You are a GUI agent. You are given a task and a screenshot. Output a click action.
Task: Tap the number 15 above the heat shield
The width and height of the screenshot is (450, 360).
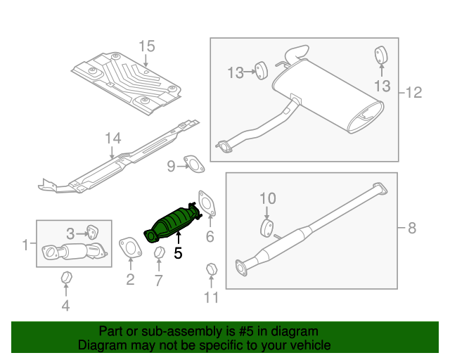[x=146, y=47]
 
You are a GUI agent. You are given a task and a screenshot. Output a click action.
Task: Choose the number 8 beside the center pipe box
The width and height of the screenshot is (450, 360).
[x=411, y=227]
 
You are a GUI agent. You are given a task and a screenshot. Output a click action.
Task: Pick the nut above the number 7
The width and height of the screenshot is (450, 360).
[x=159, y=253]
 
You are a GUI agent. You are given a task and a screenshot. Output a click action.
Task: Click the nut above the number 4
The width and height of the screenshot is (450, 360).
[x=65, y=277]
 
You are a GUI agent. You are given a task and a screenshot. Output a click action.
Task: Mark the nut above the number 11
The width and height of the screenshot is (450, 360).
[x=210, y=269]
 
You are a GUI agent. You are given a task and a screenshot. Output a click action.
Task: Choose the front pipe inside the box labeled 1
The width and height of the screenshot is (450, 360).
[x=73, y=251]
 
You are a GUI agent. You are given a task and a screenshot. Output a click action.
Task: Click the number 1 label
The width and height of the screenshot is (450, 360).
[x=25, y=245]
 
